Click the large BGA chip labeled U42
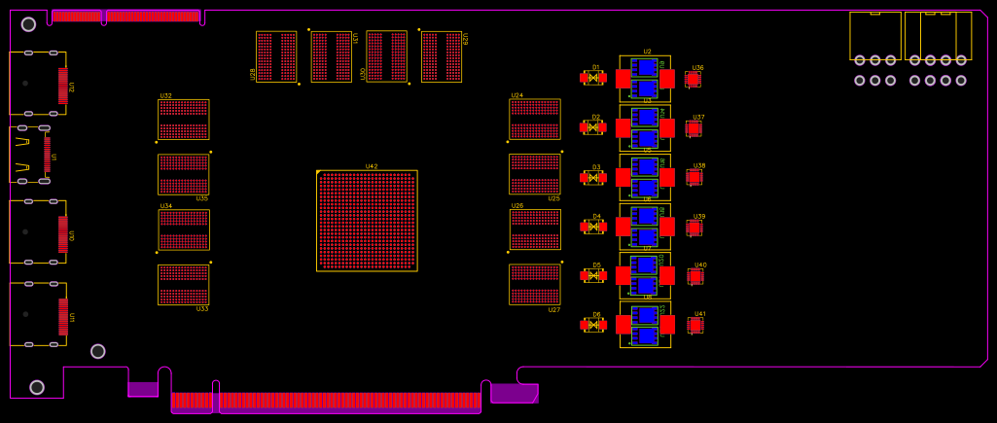pos(367,221)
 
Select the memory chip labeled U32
pos(183,120)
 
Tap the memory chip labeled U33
pos(183,284)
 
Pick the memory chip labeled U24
pos(534,119)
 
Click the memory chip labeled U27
pos(534,284)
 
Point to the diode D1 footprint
pos(593,78)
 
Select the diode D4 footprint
pos(593,227)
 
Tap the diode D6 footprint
pos(593,325)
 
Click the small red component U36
pos(693,79)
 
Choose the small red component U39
pos(694,228)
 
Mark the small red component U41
pos(694,325)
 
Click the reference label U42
pos(372,166)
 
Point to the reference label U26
pos(517,206)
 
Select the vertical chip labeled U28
pos(276,56)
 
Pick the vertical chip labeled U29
pos(441,56)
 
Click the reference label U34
pos(165,206)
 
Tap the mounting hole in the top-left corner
pos(28,24)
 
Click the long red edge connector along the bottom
pos(326,400)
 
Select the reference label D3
pos(596,167)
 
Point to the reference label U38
pos(699,166)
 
